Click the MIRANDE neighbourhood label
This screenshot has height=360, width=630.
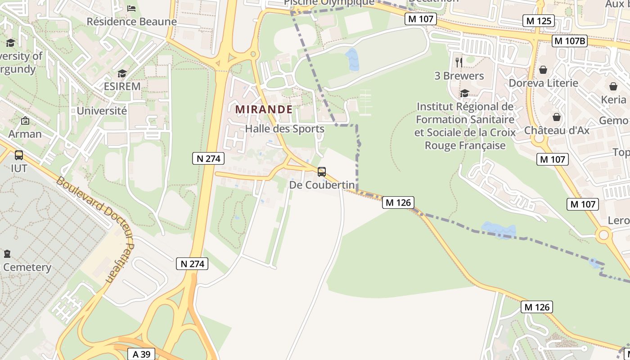pyautogui.click(x=264, y=109)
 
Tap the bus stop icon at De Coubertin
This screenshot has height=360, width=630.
pyautogui.click(x=322, y=171)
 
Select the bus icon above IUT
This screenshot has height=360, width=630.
pyautogui.click(x=19, y=155)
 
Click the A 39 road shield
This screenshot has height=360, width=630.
pyautogui.click(x=141, y=354)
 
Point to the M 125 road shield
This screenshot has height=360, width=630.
pyautogui.click(x=539, y=21)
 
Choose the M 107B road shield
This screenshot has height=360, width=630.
pyautogui.click(x=570, y=41)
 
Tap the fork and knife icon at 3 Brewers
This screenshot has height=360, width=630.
pyautogui.click(x=459, y=62)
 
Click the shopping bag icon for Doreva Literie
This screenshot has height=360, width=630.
pyautogui.click(x=543, y=70)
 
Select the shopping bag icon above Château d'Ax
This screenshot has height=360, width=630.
pyautogui.click(x=557, y=117)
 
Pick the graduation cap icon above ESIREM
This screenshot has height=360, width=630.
pyautogui.click(x=122, y=73)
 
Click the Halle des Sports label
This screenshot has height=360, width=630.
pyautogui.click(x=284, y=129)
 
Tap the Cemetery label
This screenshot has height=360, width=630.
pyautogui.click(x=27, y=267)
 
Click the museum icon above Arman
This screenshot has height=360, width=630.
pyautogui.click(x=25, y=121)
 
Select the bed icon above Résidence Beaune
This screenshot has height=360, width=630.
pyautogui.click(x=131, y=9)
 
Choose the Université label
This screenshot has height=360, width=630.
pyautogui.click(x=102, y=111)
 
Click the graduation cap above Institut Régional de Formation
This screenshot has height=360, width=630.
pyautogui.click(x=464, y=93)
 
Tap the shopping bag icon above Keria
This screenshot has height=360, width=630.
pyautogui.click(x=613, y=86)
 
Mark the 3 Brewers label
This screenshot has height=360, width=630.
pyautogui.click(x=459, y=76)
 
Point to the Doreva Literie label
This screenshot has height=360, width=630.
pyautogui.click(x=543, y=83)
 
